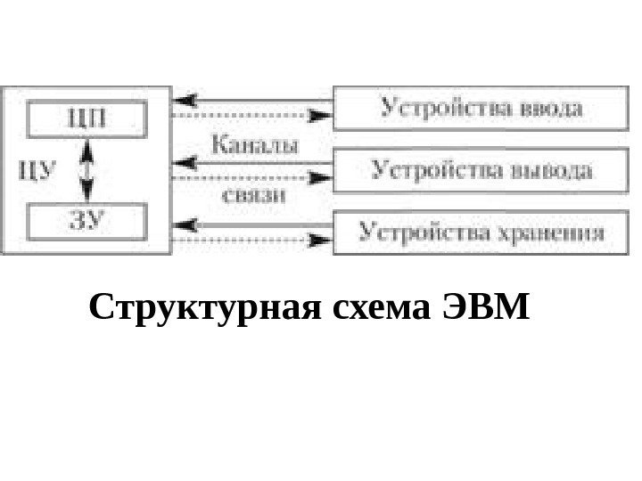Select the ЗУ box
pyautogui.click(x=86, y=222)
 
